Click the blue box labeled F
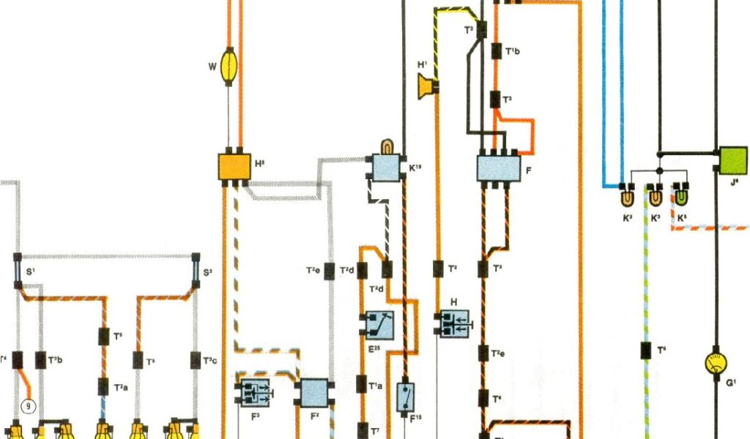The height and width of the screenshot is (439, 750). pos(498,168)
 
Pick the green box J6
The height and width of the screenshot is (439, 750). pos(732,160)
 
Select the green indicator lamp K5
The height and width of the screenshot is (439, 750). pos(682,196)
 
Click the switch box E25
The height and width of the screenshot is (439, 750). pos(379,323)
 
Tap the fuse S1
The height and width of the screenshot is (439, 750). pos(17,271)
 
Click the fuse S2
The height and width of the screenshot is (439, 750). pos(196,270)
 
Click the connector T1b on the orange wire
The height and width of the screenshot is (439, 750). pos(496,52)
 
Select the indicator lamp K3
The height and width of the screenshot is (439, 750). pos(655,196)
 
